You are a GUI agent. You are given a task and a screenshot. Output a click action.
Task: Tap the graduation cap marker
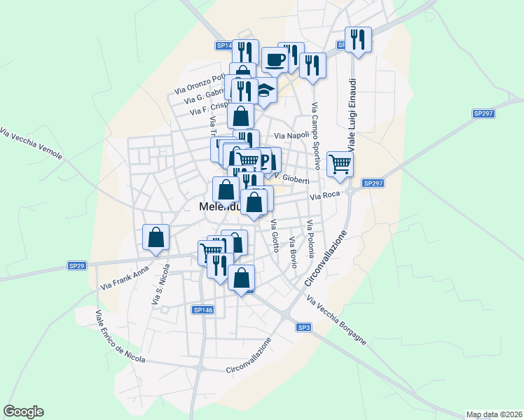[x=264, y=91]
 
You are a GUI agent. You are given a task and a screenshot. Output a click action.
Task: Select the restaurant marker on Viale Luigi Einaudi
[x=358, y=39]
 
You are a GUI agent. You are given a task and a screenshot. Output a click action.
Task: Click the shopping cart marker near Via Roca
[x=340, y=164]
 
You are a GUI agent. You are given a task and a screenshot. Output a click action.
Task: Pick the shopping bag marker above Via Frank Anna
[x=156, y=237]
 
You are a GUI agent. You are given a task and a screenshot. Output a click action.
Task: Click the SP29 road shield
[x=76, y=266]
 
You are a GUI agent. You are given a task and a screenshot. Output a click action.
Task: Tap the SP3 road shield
[x=303, y=328]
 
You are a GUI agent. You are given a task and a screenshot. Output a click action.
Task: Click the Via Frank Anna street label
[x=125, y=277]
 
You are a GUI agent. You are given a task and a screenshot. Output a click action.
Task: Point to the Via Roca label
[x=325, y=197]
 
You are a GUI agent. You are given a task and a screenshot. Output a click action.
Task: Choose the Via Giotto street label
[x=275, y=235]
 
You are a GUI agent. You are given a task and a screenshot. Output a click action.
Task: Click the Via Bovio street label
[x=293, y=251]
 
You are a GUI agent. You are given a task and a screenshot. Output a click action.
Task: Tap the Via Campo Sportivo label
[x=315, y=136]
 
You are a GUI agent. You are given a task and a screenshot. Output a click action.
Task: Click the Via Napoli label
[x=291, y=135]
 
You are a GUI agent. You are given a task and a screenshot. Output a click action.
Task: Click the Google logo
[x=23, y=412]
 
